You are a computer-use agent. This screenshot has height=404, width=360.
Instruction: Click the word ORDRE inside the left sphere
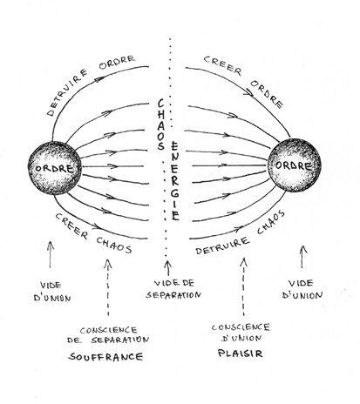coord(54,168)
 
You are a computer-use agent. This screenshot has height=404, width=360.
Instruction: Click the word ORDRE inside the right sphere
coord(294,165)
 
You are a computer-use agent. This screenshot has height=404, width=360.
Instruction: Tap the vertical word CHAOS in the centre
coord(160,125)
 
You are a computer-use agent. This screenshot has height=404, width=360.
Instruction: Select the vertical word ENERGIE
coord(174,180)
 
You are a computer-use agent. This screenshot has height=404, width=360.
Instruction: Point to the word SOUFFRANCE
coord(105,356)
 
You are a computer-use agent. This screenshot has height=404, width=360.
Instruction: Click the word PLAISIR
coord(241,353)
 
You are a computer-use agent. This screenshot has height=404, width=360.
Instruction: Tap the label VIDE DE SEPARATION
coord(173,289)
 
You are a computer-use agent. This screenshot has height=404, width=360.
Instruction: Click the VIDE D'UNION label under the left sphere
coord(52,292)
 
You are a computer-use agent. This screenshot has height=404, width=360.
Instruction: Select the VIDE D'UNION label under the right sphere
coord(302,289)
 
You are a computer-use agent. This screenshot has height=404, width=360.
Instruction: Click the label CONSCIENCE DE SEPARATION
coord(108,335)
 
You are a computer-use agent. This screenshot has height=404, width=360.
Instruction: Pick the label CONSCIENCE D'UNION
coord(241,333)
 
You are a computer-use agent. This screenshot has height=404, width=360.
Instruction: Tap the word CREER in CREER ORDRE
coord(222,65)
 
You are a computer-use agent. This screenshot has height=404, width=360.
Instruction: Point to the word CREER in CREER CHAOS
coord(71,226)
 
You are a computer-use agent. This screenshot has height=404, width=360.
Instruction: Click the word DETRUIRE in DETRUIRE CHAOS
coord(222,246)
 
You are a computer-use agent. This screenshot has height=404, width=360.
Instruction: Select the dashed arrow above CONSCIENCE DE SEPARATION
coord(108,286)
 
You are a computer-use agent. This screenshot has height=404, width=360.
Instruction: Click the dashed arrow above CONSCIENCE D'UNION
coord(243,286)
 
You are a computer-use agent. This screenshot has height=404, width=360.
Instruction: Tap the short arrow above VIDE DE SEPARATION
coord(168,268)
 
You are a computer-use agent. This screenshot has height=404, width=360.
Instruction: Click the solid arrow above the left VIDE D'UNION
coord(51,254)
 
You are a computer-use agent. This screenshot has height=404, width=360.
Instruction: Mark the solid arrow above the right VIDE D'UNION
coord(303,257)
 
